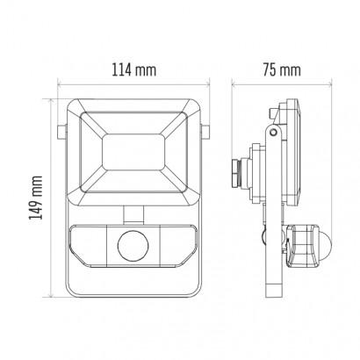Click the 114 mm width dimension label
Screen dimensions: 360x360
click(134, 70)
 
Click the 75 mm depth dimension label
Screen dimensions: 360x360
click(282, 70)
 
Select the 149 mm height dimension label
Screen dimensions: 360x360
click(36, 198)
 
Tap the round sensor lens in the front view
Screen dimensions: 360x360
click(133, 245)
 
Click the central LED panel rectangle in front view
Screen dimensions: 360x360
click(133, 152)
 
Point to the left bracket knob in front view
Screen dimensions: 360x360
click(61, 132)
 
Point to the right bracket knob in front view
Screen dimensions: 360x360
click(205, 132)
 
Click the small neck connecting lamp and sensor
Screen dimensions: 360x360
click(133, 213)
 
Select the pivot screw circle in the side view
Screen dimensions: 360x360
click(273, 132)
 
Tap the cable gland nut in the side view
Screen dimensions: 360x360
click(237, 173)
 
